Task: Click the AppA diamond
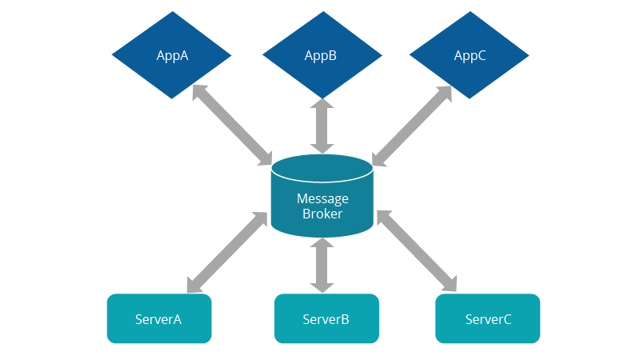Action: (171, 56)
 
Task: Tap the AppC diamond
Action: (470, 56)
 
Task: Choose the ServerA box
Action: (159, 318)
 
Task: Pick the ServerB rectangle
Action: (326, 318)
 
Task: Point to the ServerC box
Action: (487, 318)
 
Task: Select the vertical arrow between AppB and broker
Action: (322, 126)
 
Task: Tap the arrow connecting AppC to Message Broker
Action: (412, 126)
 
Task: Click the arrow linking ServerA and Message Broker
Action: (227, 252)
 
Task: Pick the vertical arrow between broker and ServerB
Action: (322, 265)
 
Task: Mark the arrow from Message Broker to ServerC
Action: (416, 250)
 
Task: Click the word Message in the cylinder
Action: (322, 198)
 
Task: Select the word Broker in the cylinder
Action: (322, 214)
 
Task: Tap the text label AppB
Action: (321, 56)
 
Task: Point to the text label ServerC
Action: (488, 319)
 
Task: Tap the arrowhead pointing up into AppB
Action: (322, 106)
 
